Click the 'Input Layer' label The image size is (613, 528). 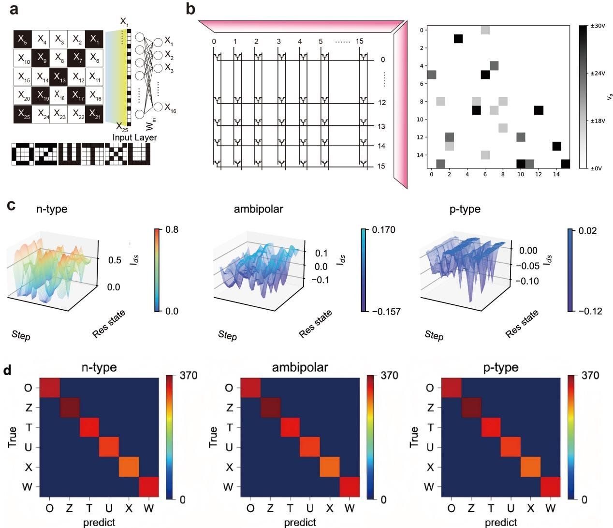coord(135,137)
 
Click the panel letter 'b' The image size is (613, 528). coord(191,9)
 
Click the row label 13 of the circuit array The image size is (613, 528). coord(381,126)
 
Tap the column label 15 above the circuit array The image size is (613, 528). coord(359,41)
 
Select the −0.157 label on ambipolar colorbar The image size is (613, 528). coord(386,311)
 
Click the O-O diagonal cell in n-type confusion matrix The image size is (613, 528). coord(49,388)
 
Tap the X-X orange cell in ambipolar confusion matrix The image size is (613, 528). coord(330,467)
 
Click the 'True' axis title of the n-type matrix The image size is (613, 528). coord(13,437)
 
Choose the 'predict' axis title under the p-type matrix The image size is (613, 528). coord(500,522)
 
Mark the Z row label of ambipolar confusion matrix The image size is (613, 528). coord(229,407)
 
